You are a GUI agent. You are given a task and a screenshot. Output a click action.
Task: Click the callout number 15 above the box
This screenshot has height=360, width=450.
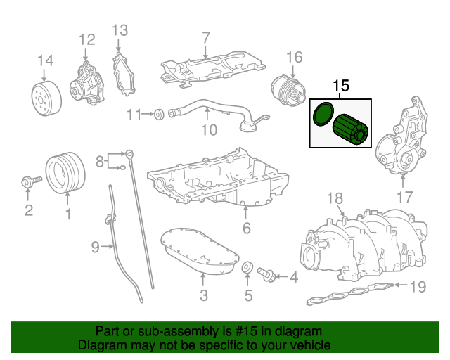[341, 86]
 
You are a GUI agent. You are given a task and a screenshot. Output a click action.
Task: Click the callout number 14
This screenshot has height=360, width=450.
[45, 60]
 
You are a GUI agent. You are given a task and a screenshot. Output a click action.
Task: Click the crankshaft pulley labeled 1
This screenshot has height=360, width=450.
[65, 172]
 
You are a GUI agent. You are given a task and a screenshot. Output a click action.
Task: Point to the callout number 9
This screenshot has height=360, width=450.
[96, 246]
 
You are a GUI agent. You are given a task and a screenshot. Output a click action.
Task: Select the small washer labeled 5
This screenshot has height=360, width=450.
[247, 269]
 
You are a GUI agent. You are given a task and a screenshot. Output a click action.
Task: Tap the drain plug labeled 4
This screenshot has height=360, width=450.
[268, 274]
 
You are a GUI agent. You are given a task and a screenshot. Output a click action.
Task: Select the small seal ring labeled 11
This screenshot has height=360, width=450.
[159, 113]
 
